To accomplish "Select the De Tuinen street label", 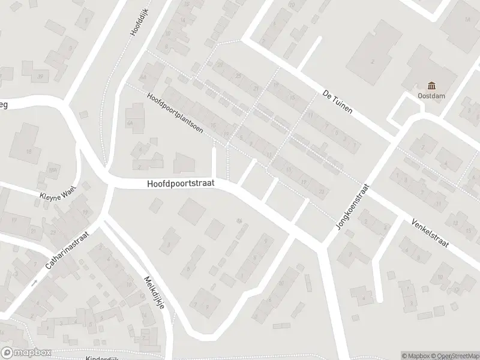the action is pyautogui.click(x=337, y=101).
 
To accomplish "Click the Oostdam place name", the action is pyautogui.click(x=430, y=95).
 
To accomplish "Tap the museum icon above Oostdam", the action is pyautogui.click(x=431, y=85).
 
